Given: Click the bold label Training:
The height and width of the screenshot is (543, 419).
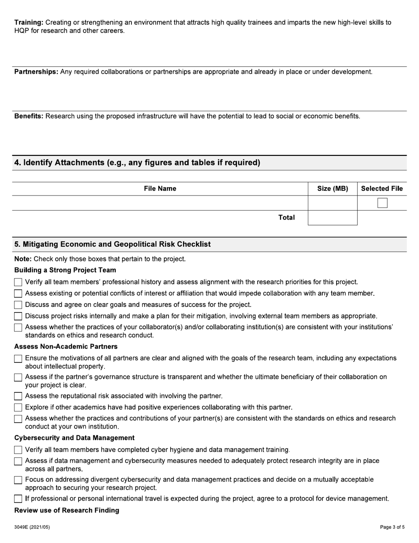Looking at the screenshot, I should pyautogui.click(x=29, y=22).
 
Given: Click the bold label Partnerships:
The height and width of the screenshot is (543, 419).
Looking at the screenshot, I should pyautogui.click(x=36, y=72).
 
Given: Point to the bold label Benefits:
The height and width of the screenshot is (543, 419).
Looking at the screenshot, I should pyautogui.click(x=29, y=116).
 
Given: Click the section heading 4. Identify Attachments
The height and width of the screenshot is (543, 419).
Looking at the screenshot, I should pyautogui.click(x=137, y=162).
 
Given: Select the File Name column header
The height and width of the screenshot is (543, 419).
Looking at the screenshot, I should pyautogui.click(x=160, y=189).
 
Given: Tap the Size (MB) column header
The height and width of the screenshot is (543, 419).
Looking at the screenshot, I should pyautogui.click(x=333, y=189).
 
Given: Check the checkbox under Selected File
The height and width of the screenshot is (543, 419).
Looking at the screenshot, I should pyautogui.click(x=382, y=203).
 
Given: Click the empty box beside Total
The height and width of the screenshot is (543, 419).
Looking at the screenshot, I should pyautogui.click(x=333, y=218).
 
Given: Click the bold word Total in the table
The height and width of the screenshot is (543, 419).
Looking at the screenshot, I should pyautogui.click(x=286, y=217).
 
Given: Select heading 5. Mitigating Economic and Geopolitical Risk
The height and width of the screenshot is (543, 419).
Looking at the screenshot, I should pyautogui.click(x=112, y=244).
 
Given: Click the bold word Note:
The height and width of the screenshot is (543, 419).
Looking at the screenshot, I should pyautogui.click(x=23, y=259).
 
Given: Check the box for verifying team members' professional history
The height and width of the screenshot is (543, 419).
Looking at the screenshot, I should pyautogui.click(x=18, y=282).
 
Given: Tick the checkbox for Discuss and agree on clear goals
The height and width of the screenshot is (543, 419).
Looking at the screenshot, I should pyautogui.click(x=18, y=305).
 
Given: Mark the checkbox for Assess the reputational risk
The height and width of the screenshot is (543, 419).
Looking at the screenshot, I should pyautogui.click(x=18, y=396).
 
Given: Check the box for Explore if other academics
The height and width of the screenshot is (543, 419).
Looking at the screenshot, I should pyautogui.click(x=18, y=407).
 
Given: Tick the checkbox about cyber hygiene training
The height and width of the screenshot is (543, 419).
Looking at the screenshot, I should pyautogui.click(x=18, y=450).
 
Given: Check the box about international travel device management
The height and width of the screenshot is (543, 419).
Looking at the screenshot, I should pyautogui.click(x=18, y=499).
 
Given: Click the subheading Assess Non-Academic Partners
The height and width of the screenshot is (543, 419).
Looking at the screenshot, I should pyautogui.click(x=66, y=346).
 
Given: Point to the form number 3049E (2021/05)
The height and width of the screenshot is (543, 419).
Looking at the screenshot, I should pyautogui.click(x=32, y=527).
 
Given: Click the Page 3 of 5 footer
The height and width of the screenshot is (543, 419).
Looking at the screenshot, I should pyautogui.click(x=392, y=527).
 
